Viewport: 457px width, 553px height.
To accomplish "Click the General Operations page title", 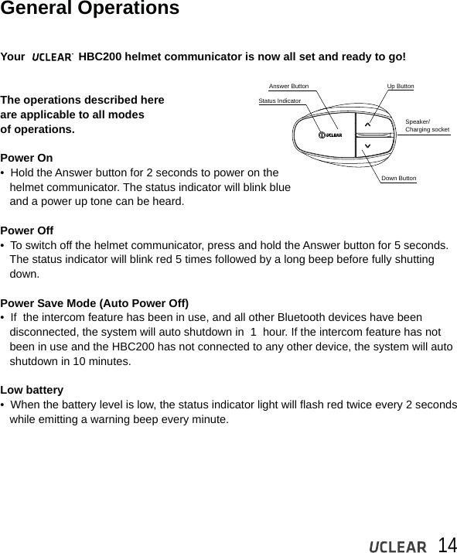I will coord(90,9).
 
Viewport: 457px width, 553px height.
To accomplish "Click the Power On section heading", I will coord(27,158).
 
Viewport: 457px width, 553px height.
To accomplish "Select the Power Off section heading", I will coord(27,230).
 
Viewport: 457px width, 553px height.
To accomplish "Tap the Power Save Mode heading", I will coord(94,302).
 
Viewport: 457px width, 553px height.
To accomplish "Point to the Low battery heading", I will coord(32,390).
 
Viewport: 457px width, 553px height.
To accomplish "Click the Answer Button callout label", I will coord(288,87).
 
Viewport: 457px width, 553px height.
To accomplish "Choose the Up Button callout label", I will coord(400,87).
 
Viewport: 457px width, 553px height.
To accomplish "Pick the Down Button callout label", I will coord(398,179).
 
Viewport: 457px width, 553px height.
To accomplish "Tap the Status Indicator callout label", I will coord(279,101).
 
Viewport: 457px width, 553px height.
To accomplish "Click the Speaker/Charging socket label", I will coord(427,126).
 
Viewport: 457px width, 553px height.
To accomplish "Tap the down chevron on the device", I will coord(367,146).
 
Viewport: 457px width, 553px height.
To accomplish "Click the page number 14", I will coord(446,544).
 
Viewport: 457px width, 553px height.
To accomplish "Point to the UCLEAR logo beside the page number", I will coord(397,546).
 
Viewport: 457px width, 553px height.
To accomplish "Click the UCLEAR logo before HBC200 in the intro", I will coord(52,57).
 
